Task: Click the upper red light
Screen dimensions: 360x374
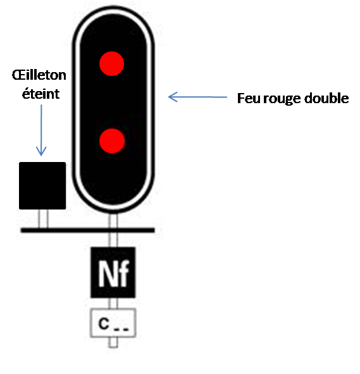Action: click(x=111, y=64)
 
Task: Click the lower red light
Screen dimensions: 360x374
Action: click(x=112, y=140)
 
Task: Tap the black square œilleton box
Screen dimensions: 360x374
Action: click(x=42, y=186)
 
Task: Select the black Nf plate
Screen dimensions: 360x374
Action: click(x=113, y=272)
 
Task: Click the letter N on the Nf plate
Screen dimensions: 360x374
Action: click(x=106, y=273)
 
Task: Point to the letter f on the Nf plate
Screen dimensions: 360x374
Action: click(x=123, y=273)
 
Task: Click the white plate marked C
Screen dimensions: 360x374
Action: click(x=113, y=323)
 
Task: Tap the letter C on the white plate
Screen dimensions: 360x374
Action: click(x=104, y=323)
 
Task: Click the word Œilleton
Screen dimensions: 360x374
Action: click(x=39, y=75)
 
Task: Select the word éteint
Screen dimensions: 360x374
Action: click(x=40, y=94)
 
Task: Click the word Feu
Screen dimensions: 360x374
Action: click(x=249, y=98)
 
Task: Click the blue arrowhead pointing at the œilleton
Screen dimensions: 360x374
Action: click(x=41, y=152)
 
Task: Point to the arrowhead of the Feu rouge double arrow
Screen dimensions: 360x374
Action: click(x=173, y=97)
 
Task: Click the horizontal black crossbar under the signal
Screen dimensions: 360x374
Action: click(x=88, y=230)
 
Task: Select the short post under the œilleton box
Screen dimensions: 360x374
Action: click(x=44, y=219)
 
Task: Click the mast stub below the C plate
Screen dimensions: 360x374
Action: click(x=113, y=342)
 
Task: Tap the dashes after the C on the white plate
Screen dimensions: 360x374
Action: click(x=121, y=330)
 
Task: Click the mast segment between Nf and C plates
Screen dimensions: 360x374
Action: click(x=113, y=303)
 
